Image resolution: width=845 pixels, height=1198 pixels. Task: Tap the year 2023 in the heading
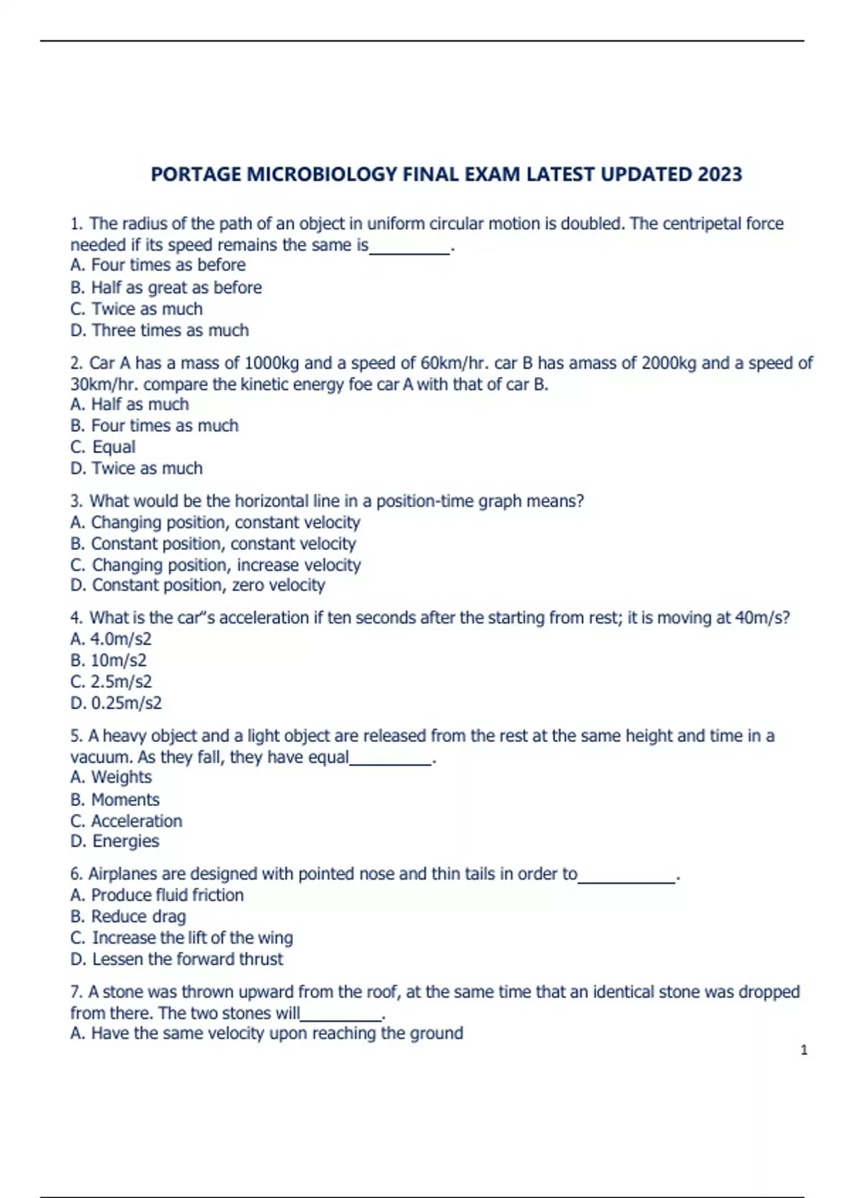(x=720, y=174)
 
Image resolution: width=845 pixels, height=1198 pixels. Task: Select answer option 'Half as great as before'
(x=176, y=288)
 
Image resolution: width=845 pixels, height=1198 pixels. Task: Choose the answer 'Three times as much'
(x=170, y=330)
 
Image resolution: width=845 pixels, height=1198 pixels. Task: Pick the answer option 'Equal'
(x=113, y=447)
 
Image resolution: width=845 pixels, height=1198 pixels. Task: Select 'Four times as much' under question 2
(x=165, y=426)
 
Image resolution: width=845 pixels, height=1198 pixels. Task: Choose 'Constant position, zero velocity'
(x=208, y=585)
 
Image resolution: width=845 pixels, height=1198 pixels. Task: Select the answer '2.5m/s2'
(x=120, y=681)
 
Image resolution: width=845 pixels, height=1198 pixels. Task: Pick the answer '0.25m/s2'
(x=126, y=703)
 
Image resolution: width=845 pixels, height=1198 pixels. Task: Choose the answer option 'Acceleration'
(x=137, y=821)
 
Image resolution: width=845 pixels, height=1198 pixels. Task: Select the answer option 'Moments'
(x=125, y=800)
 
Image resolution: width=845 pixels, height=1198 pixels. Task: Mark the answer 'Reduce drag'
(x=139, y=916)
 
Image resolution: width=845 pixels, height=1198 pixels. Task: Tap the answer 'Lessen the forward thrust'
(x=187, y=959)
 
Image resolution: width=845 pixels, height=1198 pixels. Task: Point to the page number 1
(x=803, y=1050)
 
